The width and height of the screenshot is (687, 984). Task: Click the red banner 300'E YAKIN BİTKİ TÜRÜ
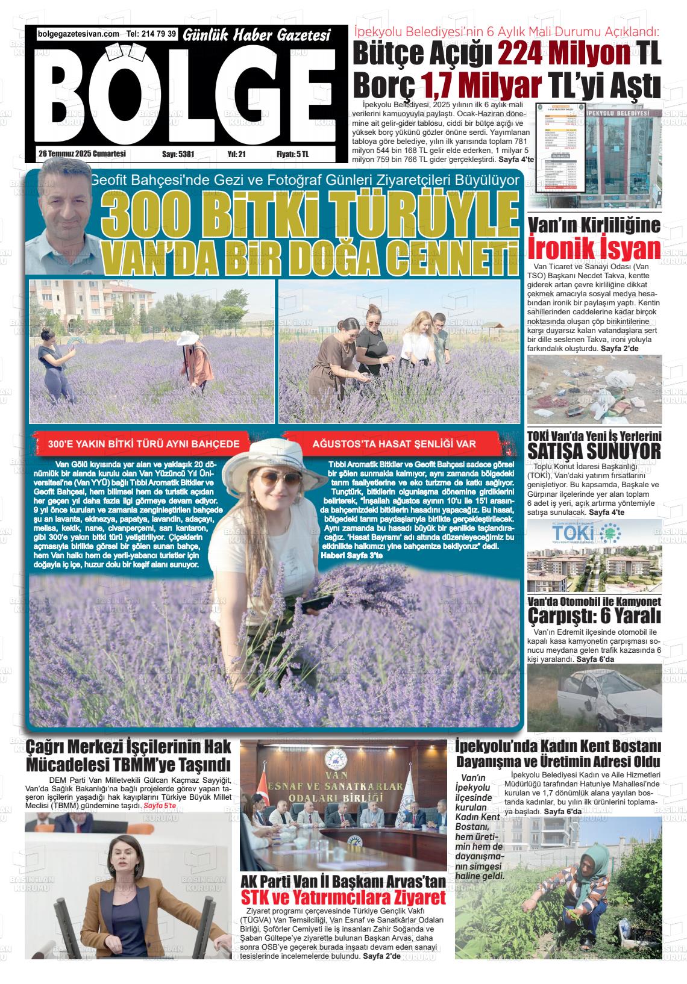click(x=144, y=444)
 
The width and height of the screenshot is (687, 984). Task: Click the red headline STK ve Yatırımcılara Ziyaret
click(x=343, y=898)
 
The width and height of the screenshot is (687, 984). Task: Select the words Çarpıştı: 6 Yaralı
click(x=594, y=616)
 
